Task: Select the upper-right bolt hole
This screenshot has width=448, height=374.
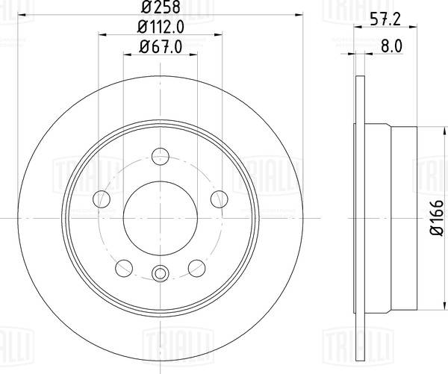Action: [x=218, y=199]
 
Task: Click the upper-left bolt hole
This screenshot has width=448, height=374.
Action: [x=100, y=199]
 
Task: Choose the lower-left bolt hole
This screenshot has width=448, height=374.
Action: [x=122, y=267]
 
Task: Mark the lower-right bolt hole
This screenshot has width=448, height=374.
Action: [x=196, y=267]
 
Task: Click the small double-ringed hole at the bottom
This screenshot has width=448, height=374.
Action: [x=159, y=273]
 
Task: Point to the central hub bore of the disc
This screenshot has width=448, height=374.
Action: [x=159, y=217]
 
